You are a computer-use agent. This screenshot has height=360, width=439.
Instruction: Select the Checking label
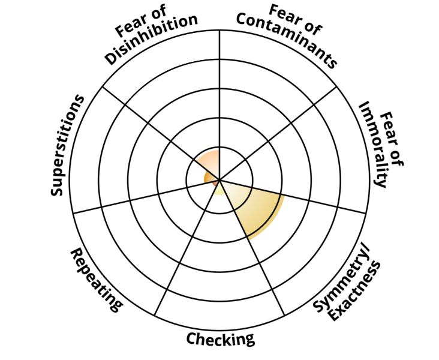pos(220,339)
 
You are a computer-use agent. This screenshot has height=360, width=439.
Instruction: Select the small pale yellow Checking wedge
pos(220,188)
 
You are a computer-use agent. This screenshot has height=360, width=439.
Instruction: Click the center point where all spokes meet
pos(220,179)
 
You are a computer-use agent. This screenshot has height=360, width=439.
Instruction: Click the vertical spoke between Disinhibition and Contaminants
pos(220,90)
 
